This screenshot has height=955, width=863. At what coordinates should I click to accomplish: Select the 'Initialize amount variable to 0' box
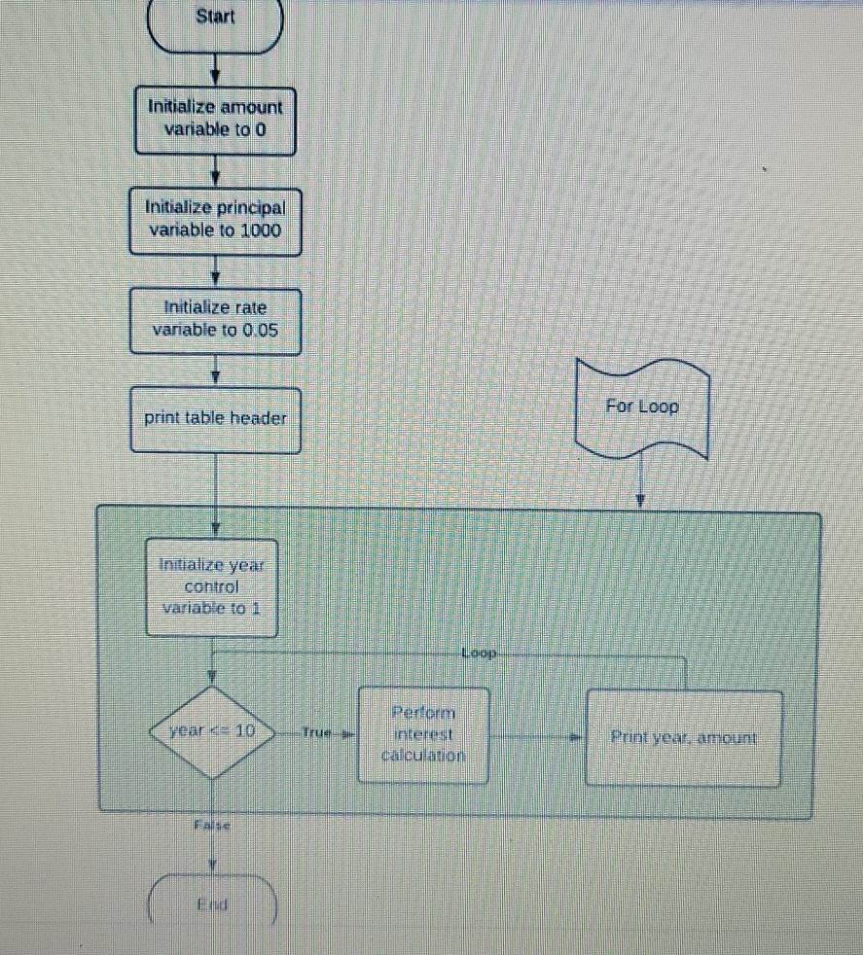click(215, 119)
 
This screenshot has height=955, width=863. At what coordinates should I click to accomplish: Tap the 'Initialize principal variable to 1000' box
click(215, 219)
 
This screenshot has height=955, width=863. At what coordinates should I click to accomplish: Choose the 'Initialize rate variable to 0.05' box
click(215, 319)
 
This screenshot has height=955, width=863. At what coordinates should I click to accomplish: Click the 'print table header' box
click(215, 419)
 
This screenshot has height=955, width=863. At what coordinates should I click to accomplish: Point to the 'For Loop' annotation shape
click(642, 408)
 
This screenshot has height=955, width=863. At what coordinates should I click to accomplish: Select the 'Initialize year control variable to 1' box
click(212, 586)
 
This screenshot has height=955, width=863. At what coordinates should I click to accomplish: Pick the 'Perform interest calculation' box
click(423, 733)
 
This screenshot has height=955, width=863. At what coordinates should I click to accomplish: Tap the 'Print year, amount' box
click(683, 737)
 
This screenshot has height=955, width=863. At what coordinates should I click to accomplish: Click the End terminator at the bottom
click(213, 904)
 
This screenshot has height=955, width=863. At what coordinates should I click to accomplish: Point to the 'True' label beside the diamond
click(316, 732)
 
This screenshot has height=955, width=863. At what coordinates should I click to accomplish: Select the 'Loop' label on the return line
click(479, 653)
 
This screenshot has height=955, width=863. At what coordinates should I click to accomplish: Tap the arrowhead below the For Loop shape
click(640, 500)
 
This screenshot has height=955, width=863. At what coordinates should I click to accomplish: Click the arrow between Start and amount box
click(215, 73)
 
